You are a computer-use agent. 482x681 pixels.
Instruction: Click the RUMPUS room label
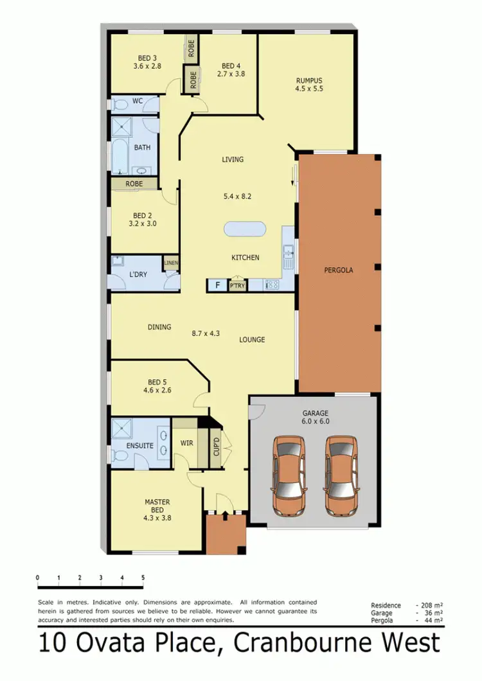click(308, 80)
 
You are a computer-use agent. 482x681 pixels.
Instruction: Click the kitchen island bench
click(245, 230)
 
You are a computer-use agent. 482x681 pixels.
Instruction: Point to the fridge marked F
click(217, 285)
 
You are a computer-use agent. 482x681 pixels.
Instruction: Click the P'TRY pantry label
click(238, 286)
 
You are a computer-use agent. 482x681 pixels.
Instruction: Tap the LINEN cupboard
click(171, 263)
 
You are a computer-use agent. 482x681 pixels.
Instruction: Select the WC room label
click(137, 101)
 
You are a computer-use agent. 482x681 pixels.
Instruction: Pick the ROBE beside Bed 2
click(134, 183)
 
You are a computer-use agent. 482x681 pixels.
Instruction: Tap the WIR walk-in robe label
click(188, 443)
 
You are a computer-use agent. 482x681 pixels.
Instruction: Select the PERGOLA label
click(338, 270)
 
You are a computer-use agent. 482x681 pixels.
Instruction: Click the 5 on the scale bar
click(143, 578)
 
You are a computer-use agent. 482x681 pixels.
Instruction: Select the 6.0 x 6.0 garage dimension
click(315, 421)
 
